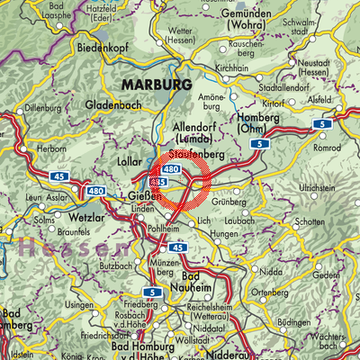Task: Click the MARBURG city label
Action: tap(153, 84)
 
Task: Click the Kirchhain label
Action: tap(231, 68)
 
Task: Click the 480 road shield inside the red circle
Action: tap(173, 169)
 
